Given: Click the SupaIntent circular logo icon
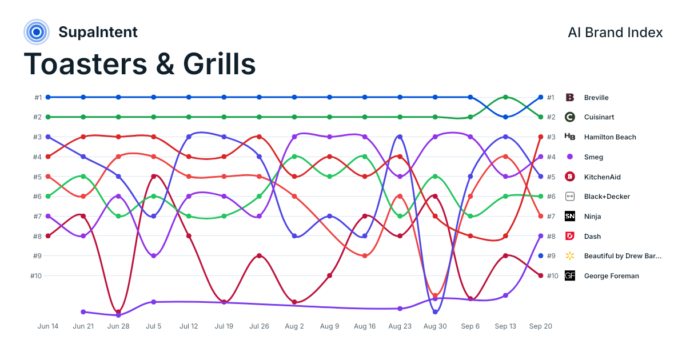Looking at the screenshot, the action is click(x=37, y=32).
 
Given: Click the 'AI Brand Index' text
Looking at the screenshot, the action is click(x=615, y=33).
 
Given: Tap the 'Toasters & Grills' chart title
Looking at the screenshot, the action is click(x=139, y=64).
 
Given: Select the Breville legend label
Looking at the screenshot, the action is click(x=596, y=98).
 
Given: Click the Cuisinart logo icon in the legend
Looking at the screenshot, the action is click(x=569, y=117).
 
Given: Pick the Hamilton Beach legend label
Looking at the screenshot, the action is click(x=610, y=137).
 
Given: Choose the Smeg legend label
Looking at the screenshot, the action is click(x=593, y=157).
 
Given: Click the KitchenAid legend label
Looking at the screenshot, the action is click(x=602, y=177).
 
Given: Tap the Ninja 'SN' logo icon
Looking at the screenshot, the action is click(x=569, y=216).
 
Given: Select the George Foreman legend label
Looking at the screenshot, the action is click(x=611, y=276).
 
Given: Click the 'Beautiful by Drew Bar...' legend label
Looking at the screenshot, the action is click(x=623, y=256).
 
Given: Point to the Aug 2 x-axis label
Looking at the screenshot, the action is click(x=294, y=326).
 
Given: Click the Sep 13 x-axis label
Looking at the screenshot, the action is click(x=505, y=326).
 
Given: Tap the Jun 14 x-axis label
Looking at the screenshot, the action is click(x=48, y=326).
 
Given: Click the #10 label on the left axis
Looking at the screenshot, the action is click(x=36, y=276).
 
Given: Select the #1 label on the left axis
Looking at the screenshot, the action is click(x=38, y=98).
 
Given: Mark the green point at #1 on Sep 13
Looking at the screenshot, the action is click(x=505, y=97).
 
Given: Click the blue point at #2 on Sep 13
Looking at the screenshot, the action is click(x=505, y=117).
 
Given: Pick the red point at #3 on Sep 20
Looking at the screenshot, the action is click(x=541, y=137).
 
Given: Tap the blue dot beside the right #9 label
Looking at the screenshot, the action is click(x=541, y=255).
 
